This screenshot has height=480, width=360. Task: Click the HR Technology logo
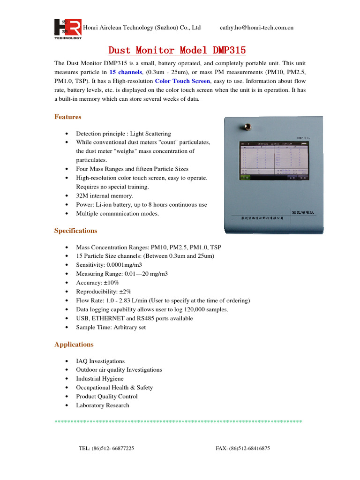tap(67, 29)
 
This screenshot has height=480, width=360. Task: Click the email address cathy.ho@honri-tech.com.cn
tap(256, 28)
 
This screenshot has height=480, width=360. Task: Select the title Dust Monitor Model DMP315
tap(177, 50)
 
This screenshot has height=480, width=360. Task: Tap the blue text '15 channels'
tap(126, 72)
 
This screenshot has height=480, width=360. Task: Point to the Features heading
tap(68, 117)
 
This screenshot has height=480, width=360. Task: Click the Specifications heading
tap(76, 231)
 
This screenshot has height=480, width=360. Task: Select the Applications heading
tap(74, 345)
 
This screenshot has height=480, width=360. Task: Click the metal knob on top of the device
tap(244, 126)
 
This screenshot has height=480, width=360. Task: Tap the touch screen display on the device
tap(274, 162)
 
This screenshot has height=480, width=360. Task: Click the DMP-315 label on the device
tap(303, 138)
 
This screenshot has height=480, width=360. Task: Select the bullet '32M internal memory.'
tap(105, 196)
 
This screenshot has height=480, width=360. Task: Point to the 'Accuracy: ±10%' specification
tap(97, 283)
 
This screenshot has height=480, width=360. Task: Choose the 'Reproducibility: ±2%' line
tap(104, 292)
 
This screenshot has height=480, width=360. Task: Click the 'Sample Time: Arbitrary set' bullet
tap(111, 327)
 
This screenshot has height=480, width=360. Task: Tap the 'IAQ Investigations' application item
tap(100, 361)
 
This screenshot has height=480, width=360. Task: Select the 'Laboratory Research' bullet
tap(103, 405)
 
